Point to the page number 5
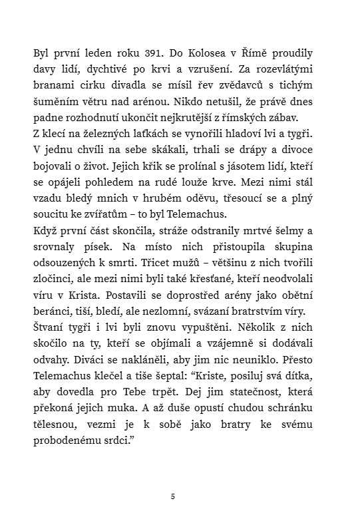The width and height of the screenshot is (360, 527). point(173,496)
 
